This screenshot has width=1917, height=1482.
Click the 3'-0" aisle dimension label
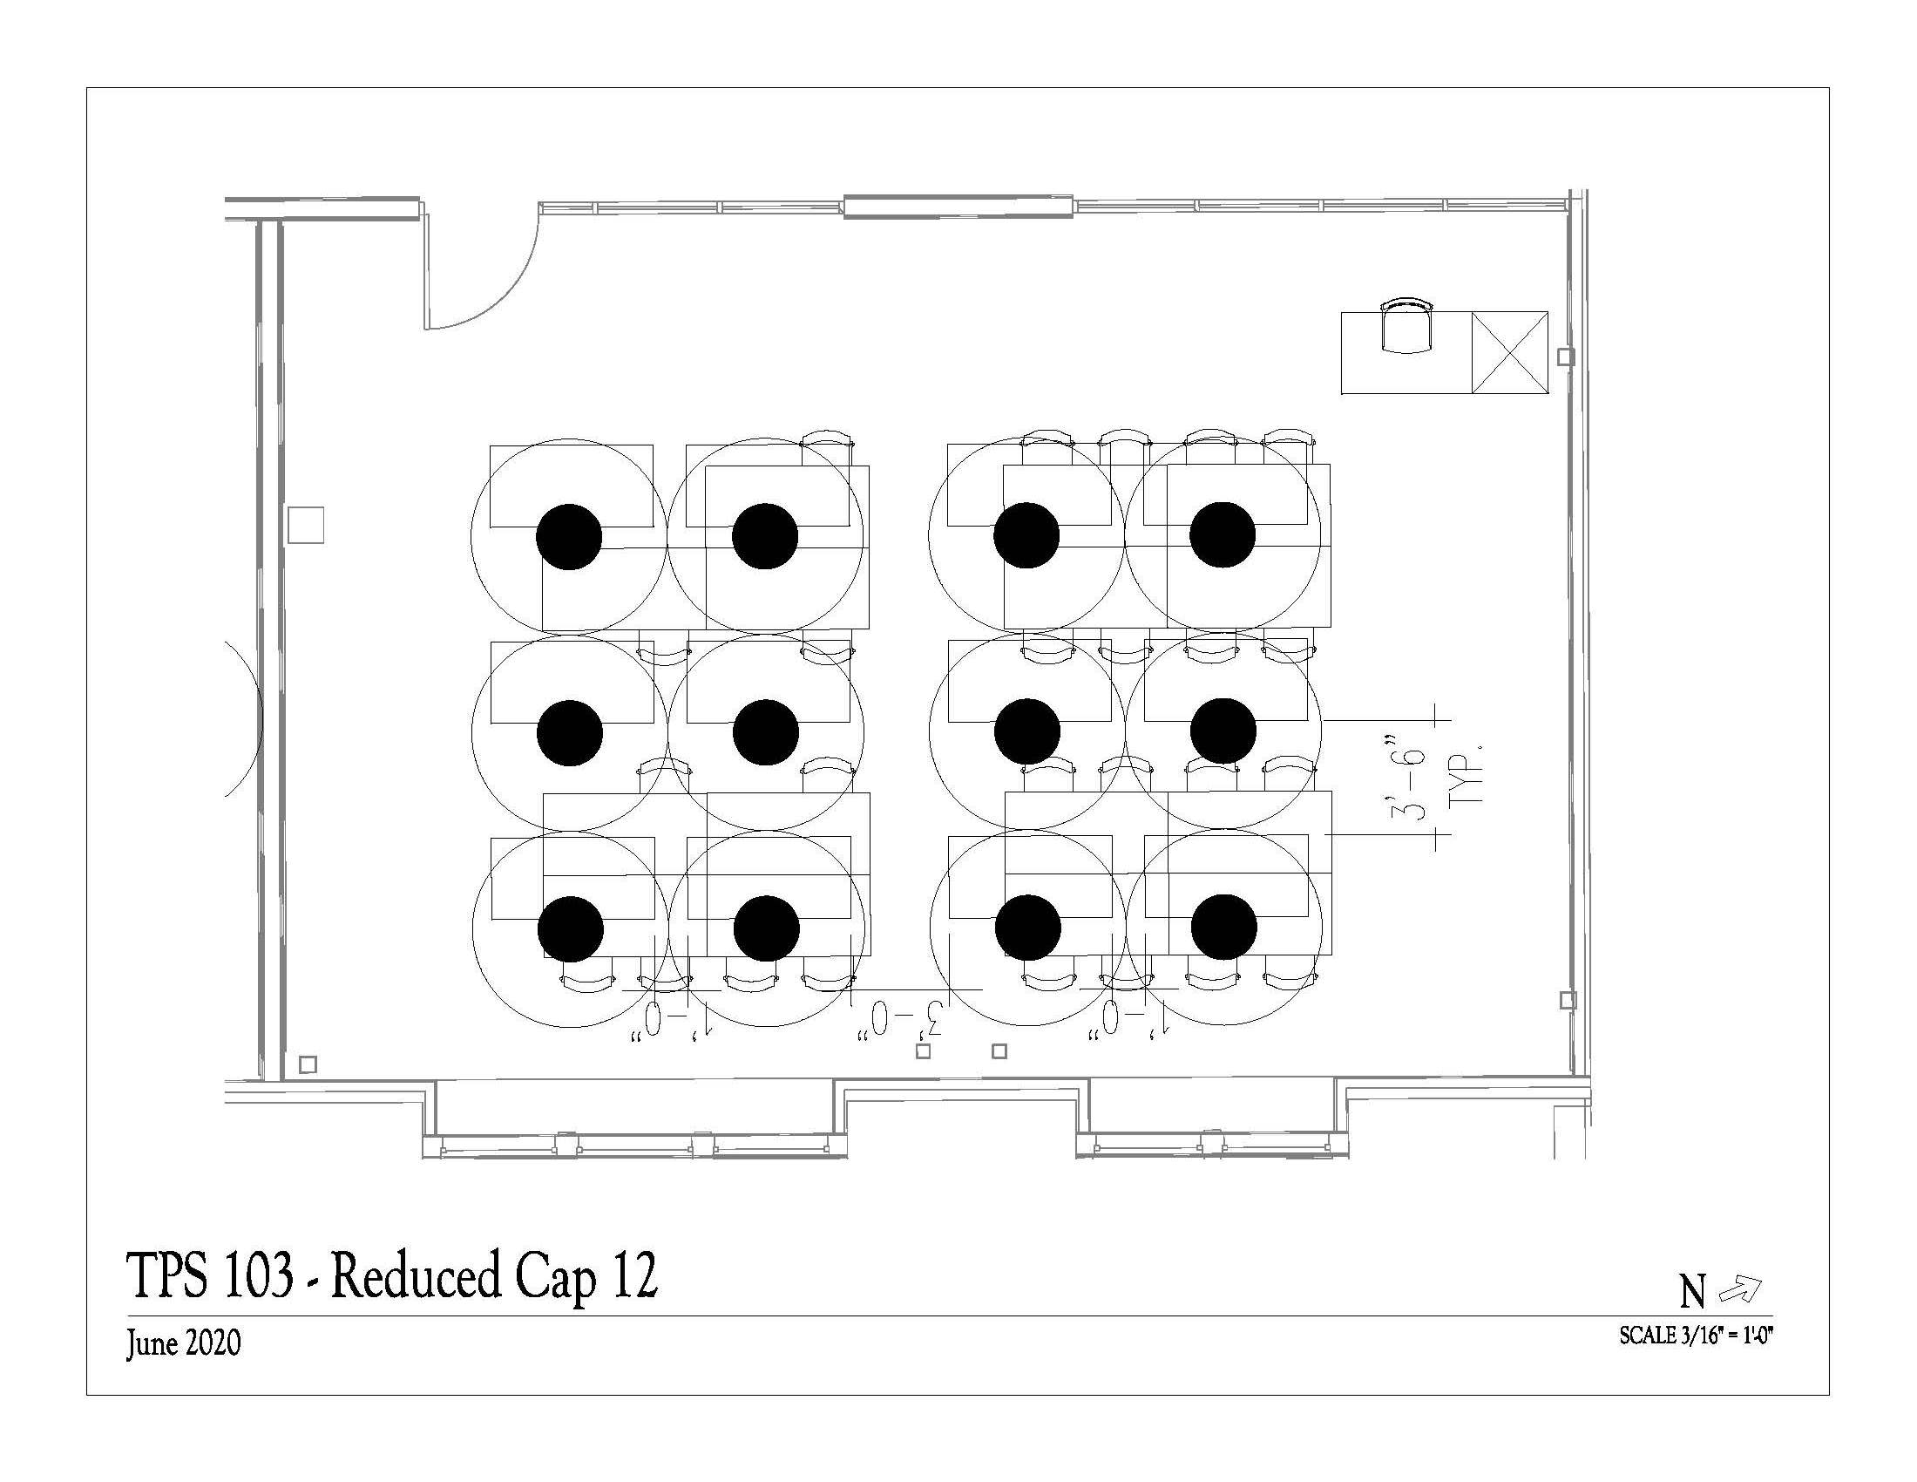pos(904,1018)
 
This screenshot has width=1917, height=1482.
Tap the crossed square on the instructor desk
pos(1509,352)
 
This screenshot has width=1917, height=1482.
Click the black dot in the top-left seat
pos(569,536)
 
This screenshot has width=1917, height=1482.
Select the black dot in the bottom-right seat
pos(1223,928)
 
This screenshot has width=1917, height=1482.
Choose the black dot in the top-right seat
pos(1222,534)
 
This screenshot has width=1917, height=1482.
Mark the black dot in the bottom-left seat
pos(571,929)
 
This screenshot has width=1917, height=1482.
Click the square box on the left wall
pos(307,525)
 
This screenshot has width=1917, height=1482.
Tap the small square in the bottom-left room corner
pos(308,1064)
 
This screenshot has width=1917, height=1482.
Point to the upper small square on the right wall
pos(1565,357)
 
